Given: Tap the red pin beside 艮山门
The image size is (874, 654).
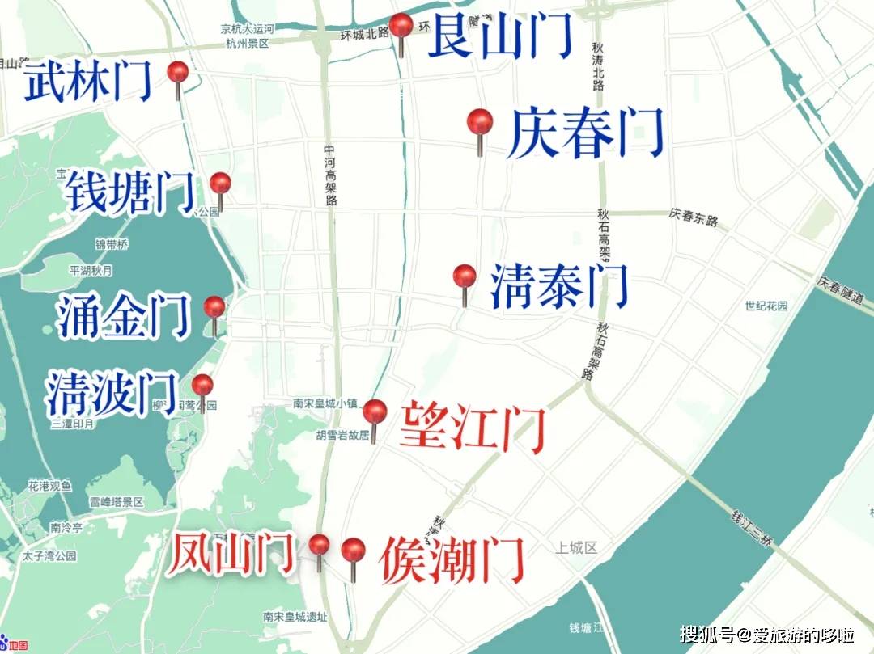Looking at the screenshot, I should click(x=401, y=26).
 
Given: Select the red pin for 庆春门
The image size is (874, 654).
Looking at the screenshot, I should click(x=480, y=124).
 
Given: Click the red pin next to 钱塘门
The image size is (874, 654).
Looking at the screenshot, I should click(x=220, y=184).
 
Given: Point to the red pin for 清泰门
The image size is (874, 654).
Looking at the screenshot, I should click(x=465, y=277).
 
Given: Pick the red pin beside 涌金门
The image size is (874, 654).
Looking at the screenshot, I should click(x=214, y=308).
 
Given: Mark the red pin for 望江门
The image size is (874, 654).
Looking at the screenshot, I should click(x=375, y=412).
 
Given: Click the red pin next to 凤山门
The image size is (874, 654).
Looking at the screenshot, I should click(x=320, y=545).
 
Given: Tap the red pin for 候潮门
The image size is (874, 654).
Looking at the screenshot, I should click(x=353, y=551).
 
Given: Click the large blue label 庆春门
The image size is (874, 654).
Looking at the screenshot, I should click(x=586, y=134).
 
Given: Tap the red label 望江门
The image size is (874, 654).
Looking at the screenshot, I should click(x=473, y=426).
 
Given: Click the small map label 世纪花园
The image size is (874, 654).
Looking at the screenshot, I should click(x=766, y=306).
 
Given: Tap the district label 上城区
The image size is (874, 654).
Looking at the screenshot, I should click(x=576, y=548).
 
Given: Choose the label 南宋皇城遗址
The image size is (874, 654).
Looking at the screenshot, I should click(x=295, y=617).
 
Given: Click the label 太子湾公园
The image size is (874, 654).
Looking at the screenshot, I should click(x=49, y=556).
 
